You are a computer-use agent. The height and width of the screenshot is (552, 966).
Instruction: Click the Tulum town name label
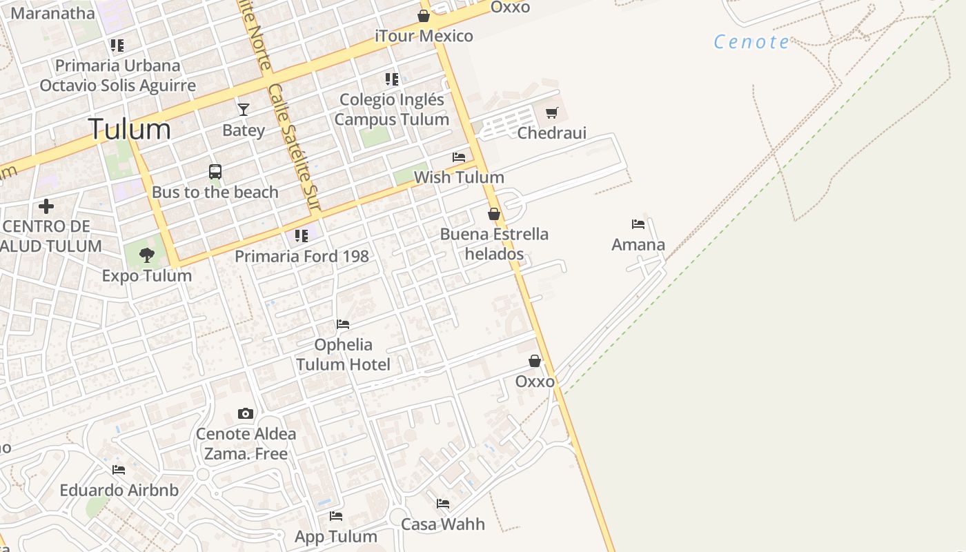(x=130, y=130)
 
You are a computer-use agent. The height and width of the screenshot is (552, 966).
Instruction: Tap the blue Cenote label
(x=751, y=42)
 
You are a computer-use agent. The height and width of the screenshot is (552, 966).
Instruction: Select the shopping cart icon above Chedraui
(x=551, y=112)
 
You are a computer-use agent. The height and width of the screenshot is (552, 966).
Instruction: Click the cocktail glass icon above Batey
(x=243, y=109)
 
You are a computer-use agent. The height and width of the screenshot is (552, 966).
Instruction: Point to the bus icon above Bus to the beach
(x=215, y=171)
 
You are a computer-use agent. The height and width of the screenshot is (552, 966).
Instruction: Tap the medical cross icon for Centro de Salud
(x=46, y=206)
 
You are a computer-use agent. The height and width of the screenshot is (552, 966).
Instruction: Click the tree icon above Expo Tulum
(x=146, y=255)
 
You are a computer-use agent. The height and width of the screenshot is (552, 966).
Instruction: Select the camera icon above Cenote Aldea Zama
(x=245, y=413)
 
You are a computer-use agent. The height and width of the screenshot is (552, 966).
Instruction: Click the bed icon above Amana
(x=638, y=224)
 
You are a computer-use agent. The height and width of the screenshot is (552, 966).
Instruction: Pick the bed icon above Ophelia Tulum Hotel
(x=343, y=324)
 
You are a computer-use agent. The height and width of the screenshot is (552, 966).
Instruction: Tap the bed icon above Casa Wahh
(x=443, y=504)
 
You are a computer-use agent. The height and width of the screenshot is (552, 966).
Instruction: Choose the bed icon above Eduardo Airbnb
(x=119, y=470)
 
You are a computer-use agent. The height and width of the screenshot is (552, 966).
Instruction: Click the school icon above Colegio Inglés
(x=392, y=79)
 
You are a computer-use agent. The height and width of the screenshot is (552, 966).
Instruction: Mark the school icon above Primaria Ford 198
(x=302, y=236)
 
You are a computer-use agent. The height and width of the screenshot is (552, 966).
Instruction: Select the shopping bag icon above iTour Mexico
(x=424, y=16)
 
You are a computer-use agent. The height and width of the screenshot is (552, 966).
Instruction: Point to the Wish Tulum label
(x=459, y=177)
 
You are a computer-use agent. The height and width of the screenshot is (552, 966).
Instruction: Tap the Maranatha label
(x=52, y=13)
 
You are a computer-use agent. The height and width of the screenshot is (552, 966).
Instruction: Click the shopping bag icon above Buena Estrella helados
(x=494, y=214)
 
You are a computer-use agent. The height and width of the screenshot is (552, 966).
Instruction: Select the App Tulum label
(x=336, y=537)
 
